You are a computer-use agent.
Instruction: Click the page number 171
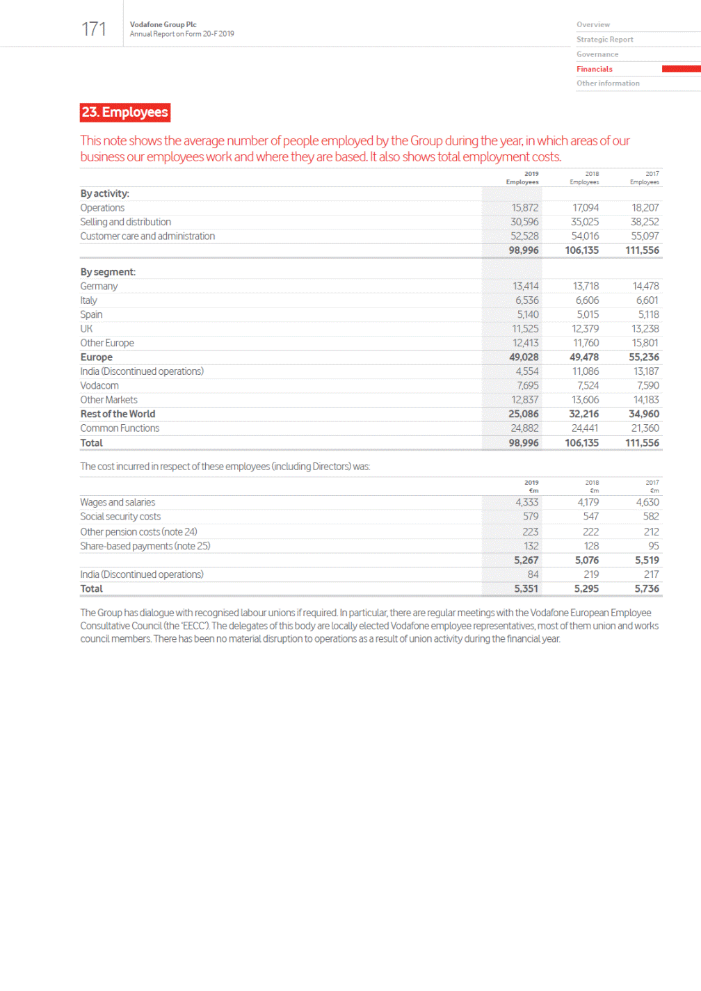point(94,29)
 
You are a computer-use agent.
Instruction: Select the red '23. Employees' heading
point(125,113)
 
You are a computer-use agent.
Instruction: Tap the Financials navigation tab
point(595,69)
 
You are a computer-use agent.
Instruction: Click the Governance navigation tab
point(597,54)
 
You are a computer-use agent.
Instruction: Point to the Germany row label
point(99,286)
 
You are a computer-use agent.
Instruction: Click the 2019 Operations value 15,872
point(525,208)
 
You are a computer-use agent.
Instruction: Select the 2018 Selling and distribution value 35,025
point(585,222)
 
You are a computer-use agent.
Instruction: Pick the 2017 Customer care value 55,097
point(645,236)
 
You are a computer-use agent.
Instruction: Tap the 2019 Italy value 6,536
point(527,300)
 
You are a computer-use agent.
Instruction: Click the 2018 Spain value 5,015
point(588,314)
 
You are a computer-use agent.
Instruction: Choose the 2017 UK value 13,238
point(645,329)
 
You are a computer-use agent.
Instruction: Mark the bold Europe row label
point(96,357)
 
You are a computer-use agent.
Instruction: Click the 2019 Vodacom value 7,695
point(528,385)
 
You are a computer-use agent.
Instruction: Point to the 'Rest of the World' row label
point(118,414)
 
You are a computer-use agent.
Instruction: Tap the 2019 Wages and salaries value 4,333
point(527,502)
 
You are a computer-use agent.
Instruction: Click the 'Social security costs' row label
point(120,517)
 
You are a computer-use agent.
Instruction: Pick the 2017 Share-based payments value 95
point(654,546)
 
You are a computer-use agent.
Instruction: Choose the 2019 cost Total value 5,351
point(526,588)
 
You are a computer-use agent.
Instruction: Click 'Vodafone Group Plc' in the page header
point(163,24)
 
